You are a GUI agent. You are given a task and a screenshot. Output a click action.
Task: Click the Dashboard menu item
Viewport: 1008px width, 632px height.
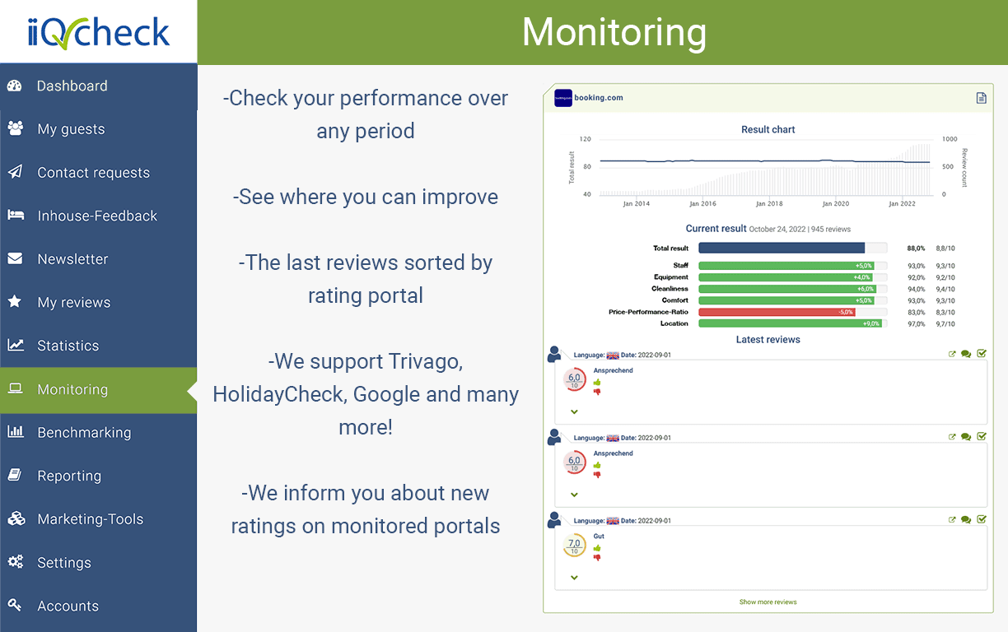(72, 86)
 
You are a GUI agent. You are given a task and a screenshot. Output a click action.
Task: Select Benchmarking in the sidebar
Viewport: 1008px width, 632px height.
(83, 432)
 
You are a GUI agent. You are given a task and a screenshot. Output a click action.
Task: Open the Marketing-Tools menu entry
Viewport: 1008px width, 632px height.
(90, 519)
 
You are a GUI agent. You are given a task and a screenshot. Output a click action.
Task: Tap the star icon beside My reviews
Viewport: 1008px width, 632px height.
(15, 302)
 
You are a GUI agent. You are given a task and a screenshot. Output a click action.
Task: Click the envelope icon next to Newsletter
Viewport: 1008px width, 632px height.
(15, 258)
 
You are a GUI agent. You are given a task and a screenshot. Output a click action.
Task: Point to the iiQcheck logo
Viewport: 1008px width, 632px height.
(98, 32)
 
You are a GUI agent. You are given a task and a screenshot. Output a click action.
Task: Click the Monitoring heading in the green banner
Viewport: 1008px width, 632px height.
(614, 33)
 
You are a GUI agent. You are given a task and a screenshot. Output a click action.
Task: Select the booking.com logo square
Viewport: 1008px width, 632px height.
(563, 97)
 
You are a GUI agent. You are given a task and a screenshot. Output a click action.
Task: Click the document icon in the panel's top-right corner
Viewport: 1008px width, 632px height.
(981, 98)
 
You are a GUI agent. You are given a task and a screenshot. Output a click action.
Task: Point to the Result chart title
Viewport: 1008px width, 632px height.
(768, 129)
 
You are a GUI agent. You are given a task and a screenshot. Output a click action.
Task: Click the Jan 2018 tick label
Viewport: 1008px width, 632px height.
(769, 204)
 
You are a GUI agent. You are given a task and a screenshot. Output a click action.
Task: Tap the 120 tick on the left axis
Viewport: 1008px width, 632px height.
(585, 139)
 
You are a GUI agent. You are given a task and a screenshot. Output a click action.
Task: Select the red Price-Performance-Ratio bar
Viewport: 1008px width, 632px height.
(777, 312)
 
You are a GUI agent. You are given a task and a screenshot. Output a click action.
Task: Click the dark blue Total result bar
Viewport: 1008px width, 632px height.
(782, 248)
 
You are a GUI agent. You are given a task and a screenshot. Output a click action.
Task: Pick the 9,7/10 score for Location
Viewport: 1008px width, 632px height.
(945, 323)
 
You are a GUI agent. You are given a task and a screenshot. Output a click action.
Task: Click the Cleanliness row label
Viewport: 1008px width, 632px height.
(670, 289)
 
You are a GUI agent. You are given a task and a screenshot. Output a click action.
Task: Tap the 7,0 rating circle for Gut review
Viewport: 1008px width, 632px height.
(574, 545)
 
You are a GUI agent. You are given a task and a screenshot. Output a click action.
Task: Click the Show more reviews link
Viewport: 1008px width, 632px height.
(768, 602)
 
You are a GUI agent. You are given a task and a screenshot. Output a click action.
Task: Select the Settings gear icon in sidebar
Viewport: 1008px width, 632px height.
(15, 562)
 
